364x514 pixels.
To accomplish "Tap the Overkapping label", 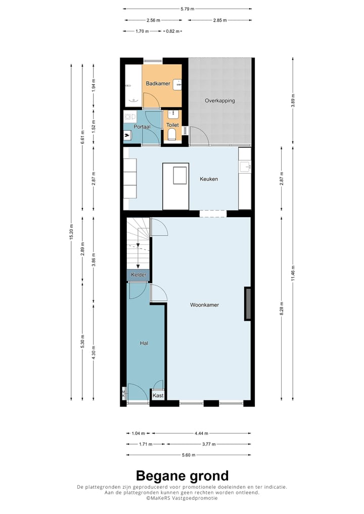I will pos(219,101).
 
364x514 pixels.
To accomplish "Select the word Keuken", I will pos(209,179).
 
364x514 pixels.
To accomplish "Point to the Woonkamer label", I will pos(204,305).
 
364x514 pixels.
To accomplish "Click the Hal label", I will pos(144,343).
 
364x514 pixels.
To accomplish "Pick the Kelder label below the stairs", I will pos(139,275).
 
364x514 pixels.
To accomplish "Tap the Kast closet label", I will pos(158,396).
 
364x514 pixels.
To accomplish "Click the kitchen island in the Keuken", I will pos(175,186).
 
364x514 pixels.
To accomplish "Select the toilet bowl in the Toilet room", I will pos(172,134).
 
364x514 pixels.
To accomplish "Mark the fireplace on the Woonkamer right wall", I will pos(248,303).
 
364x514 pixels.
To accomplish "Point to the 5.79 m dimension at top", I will pos(187,9).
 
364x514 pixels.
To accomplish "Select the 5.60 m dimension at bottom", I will pos(188,454).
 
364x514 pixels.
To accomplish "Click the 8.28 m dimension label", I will pos(282,308).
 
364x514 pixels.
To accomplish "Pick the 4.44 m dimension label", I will pos(200,433).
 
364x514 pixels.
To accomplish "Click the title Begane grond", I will pos(182,476).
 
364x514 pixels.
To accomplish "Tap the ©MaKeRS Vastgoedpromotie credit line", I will pos(182,498).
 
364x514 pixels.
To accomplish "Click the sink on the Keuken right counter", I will pos(245,165).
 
